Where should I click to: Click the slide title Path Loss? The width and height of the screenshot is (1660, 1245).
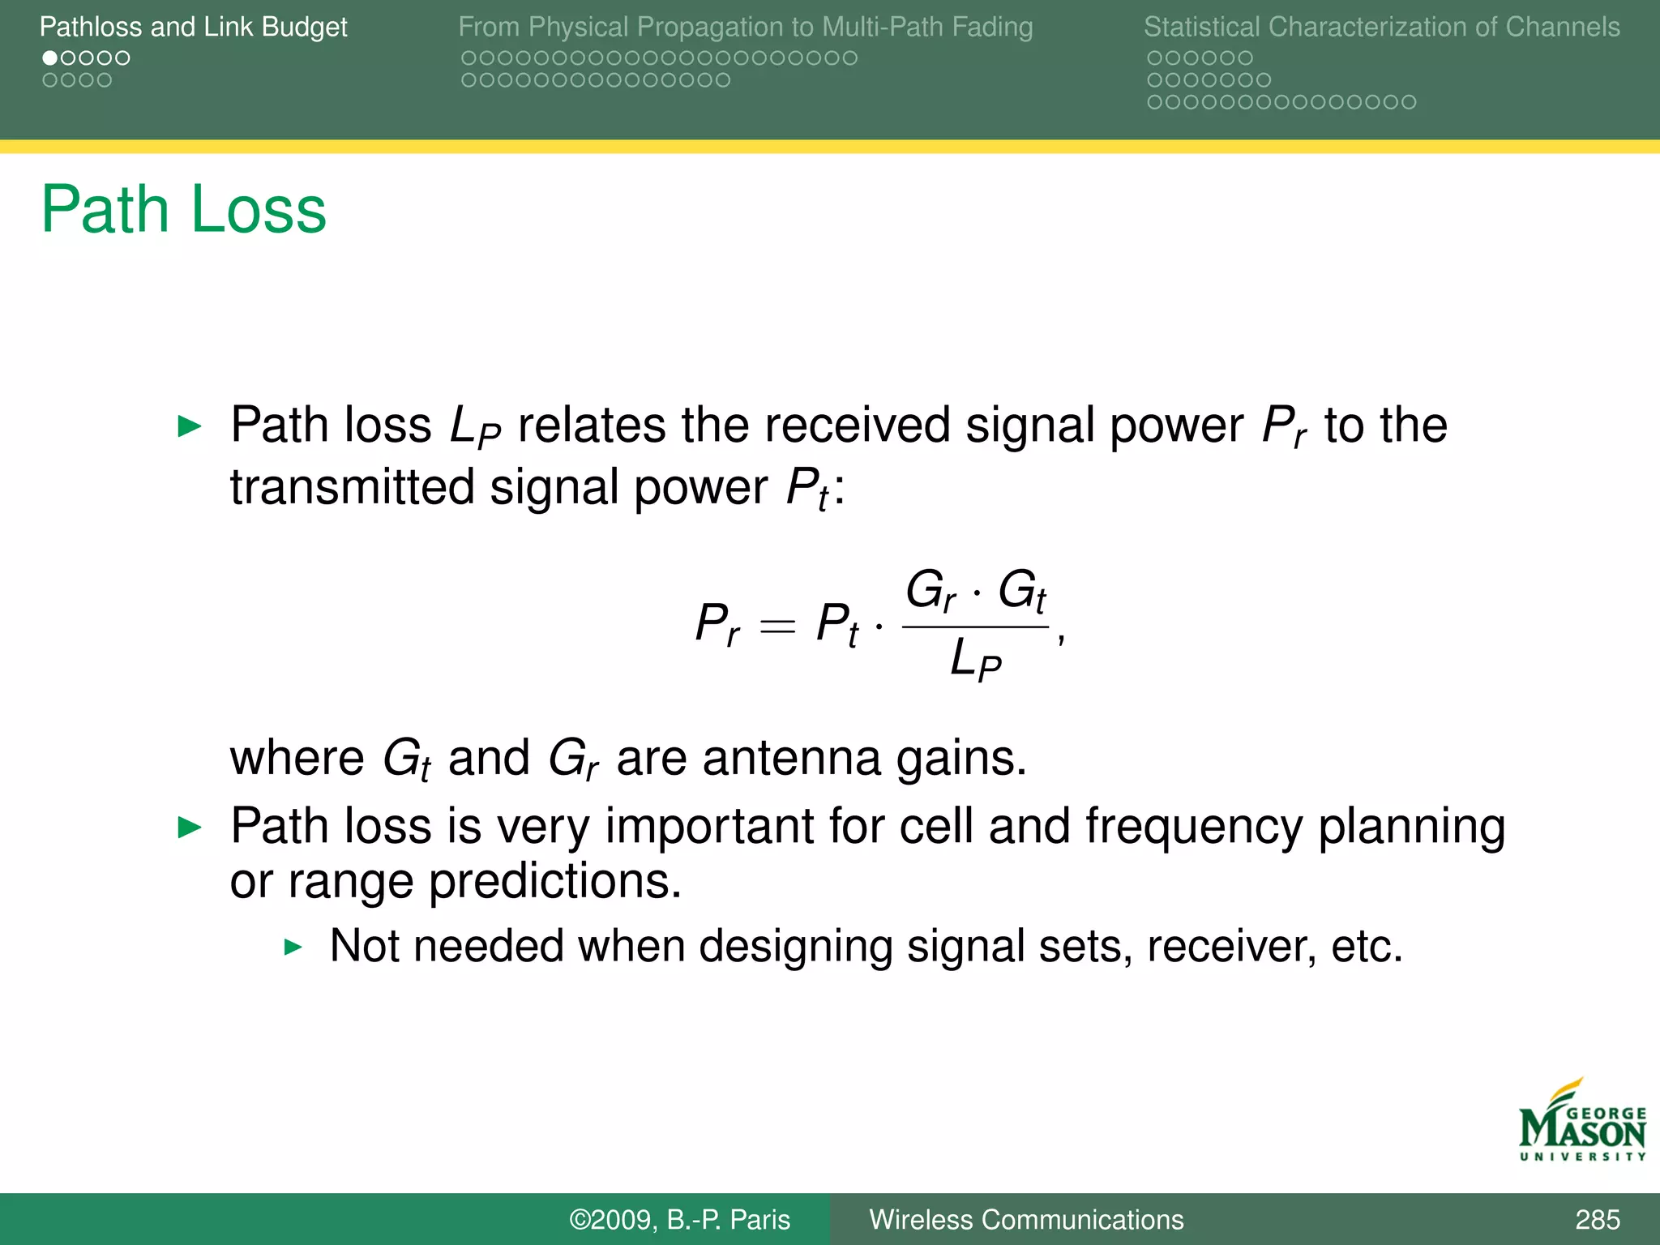coord(183,210)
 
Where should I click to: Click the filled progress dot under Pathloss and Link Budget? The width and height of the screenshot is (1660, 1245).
coord(50,58)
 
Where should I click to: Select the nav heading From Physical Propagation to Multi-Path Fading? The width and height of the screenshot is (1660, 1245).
coord(745,27)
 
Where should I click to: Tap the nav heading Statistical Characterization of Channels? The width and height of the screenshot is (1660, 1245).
coord(1381,27)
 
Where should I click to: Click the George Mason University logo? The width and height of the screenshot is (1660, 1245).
coord(1581,1123)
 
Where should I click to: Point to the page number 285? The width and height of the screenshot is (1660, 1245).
coord(1597,1219)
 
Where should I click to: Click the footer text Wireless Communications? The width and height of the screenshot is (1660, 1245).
coord(1026,1219)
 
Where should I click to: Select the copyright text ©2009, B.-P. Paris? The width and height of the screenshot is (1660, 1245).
coord(679,1219)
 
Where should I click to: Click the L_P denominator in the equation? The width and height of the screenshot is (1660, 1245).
coord(975,658)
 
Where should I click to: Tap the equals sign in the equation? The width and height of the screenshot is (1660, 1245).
coord(777,626)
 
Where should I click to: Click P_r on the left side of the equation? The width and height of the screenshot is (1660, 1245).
coord(717,624)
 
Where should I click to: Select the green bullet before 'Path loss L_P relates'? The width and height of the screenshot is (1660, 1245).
coord(190,426)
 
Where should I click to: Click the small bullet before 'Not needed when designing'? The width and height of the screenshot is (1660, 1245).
coord(293,947)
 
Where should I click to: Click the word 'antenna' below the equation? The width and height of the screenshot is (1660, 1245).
coord(791,758)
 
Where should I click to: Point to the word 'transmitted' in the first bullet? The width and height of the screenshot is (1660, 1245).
coord(352,487)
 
